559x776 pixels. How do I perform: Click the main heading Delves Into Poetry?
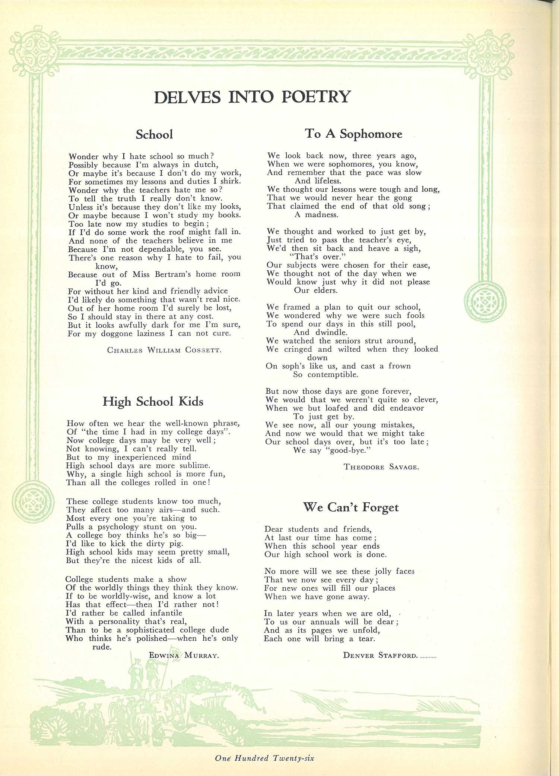[x=252, y=97]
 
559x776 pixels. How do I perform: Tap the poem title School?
[x=154, y=134]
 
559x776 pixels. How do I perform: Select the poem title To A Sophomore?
[x=353, y=133]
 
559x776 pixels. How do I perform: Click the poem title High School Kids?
[x=153, y=401]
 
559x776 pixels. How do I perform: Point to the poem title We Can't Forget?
[x=351, y=507]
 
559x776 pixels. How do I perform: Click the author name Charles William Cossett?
[x=164, y=350]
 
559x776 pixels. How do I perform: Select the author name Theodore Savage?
[x=381, y=467]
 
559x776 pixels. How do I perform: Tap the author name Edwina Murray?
[x=184, y=655]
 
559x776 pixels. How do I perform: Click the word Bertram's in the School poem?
[x=172, y=274]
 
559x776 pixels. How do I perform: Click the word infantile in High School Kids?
[x=166, y=613]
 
